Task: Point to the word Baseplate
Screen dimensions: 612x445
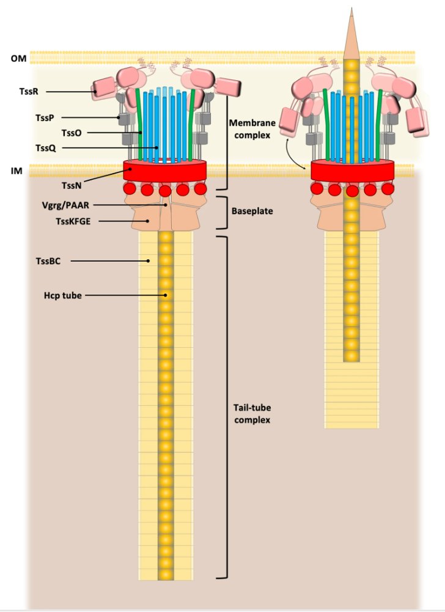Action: (x=252, y=212)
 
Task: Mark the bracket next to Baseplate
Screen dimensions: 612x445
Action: (x=224, y=212)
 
